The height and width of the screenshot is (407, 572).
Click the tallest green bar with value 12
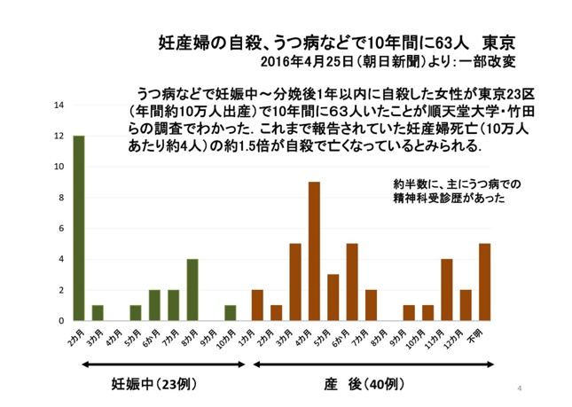pyautogui.click(x=79, y=228)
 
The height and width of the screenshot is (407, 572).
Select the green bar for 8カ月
pyautogui.click(x=192, y=289)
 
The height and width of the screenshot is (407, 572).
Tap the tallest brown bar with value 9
pyautogui.click(x=314, y=251)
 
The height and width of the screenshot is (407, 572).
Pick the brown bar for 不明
pyautogui.click(x=484, y=282)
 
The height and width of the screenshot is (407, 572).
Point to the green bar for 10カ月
pyautogui.click(x=231, y=313)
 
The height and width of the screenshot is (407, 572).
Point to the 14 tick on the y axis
pyautogui.click(x=59, y=106)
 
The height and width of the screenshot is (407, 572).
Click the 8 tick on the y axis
pyautogui.click(x=60, y=198)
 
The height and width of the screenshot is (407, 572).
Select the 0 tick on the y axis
pyautogui.click(x=60, y=320)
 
